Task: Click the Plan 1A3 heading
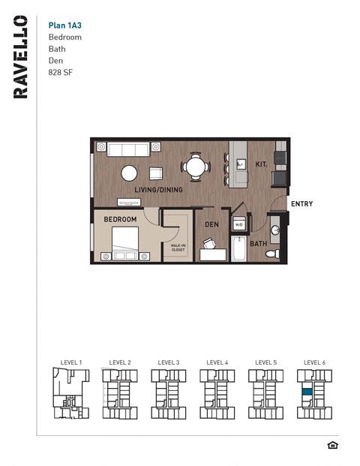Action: click(x=64, y=24)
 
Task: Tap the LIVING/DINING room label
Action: click(x=158, y=190)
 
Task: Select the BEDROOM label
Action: click(x=120, y=219)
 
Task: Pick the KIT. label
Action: click(x=261, y=164)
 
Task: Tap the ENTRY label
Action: click(x=301, y=204)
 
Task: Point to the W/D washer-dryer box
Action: click(x=239, y=224)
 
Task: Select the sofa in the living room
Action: click(x=128, y=149)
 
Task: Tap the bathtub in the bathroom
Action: click(x=239, y=249)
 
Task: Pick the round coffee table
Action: click(x=130, y=173)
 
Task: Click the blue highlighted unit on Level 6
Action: click(x=307, y=392)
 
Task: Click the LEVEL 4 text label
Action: click(x=217, y=362)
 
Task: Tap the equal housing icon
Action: click(x=333, y=445)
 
